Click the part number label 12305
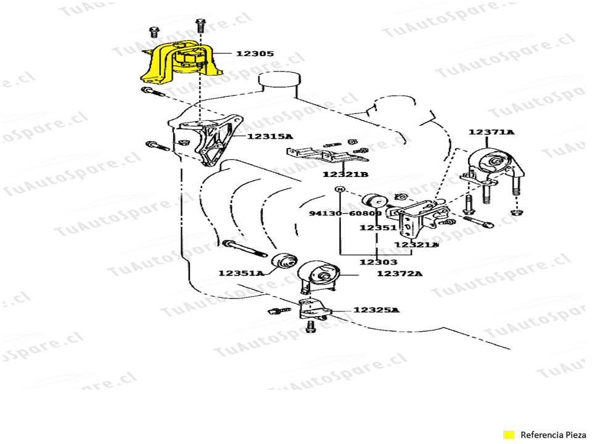(x=255, y=54)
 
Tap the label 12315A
(x=270, y=136)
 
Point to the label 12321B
(x=345, y=175)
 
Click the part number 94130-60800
(x=345, y=213)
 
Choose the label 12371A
(x=491, y=132)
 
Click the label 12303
(x=379, y=261)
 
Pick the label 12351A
(x=240, y=273)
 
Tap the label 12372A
(x=400, y=273)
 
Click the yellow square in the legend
(x=509, y=434)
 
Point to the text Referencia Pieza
(x=554, y=434)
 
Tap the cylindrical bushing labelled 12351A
(x=284, y=261)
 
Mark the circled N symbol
(x=339, y=189)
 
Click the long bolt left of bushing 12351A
(x=245, y=250)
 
